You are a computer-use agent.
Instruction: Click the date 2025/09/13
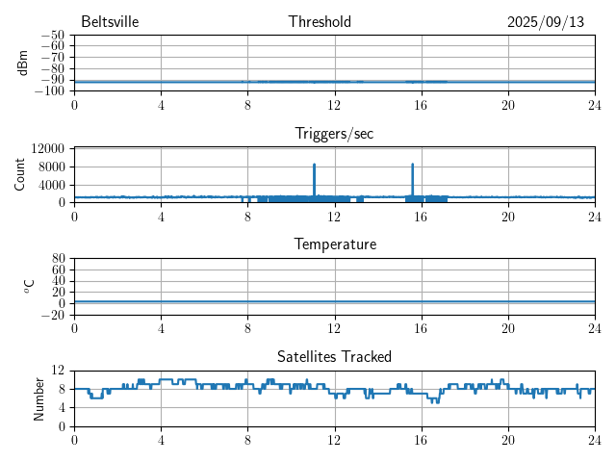[546, 22]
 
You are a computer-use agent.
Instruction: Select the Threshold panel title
[320, 22]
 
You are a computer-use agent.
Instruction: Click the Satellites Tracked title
[334, 356]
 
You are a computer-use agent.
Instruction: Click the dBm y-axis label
[22, 63]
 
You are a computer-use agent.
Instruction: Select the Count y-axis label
[20, 175]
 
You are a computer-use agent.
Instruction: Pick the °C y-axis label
[30, 286]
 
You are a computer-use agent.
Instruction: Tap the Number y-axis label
[39, 398]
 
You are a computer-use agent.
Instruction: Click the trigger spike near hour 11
[314, 166]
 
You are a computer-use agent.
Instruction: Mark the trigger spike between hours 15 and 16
[413, 166]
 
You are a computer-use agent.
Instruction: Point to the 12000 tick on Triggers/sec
[47, 148]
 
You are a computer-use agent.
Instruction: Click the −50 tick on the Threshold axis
[52, 36]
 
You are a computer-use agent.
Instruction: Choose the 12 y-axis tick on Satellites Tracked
[58, 371]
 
